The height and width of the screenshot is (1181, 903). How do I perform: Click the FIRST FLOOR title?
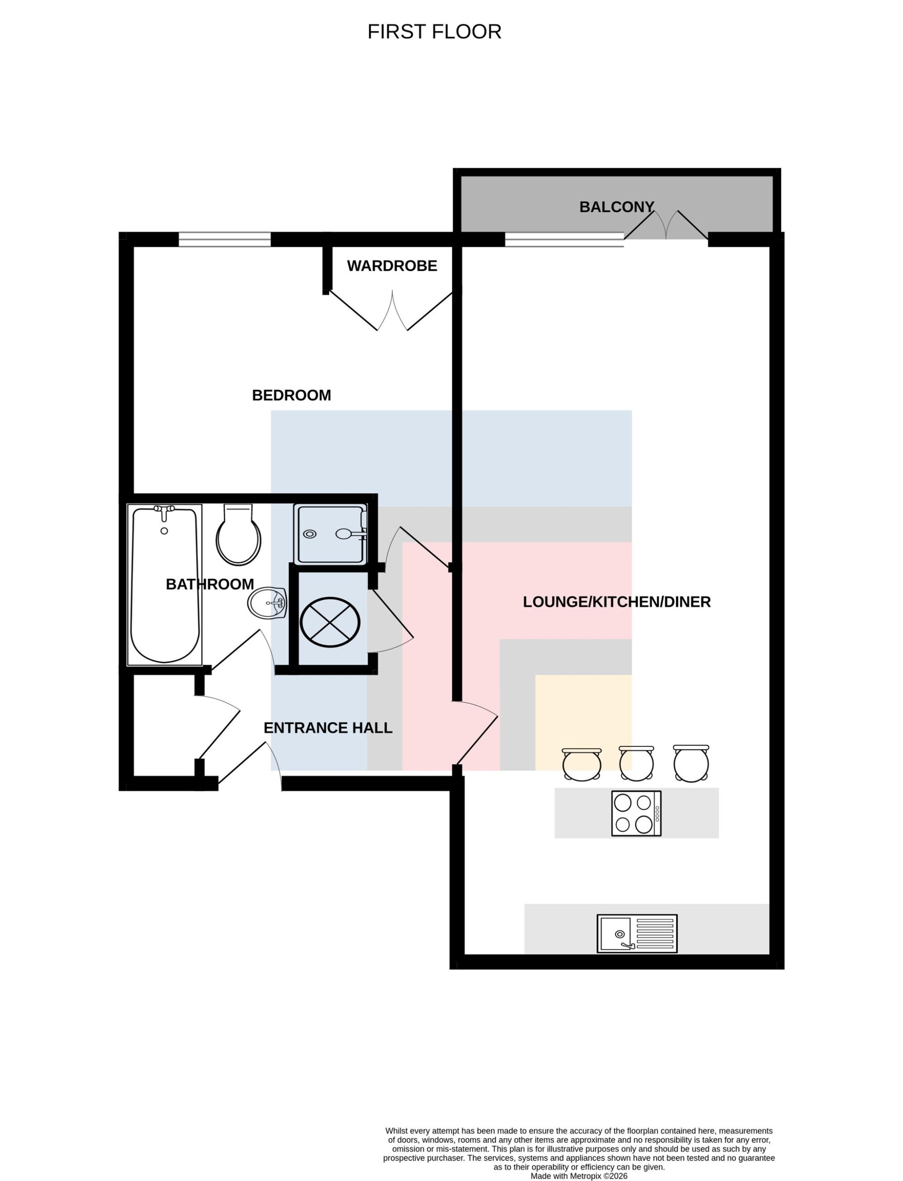tap(434, 32)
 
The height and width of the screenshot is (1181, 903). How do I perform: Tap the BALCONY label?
tap(616, 207)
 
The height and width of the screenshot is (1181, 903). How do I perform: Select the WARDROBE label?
tap(392, 266)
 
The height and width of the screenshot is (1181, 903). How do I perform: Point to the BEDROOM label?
tap(291, 395)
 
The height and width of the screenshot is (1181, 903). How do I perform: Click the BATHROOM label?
tap(210, 585)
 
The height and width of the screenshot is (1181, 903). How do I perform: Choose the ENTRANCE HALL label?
tap(328, 728)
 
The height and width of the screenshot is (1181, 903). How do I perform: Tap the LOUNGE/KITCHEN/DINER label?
tap(616, 602)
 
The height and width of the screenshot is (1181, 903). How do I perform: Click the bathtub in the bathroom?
tap(164, 585)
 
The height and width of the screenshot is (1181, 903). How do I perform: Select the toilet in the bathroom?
tap(238, 534)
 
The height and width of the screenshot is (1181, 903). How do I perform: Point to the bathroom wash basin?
tap(267, 603)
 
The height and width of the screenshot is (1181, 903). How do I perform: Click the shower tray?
tap(331, 534)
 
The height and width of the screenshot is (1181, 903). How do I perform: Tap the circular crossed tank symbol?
tap(330, 622)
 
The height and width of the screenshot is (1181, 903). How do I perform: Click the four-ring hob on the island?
tap(637, 813)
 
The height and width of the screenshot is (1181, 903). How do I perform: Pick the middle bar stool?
tap(637, 763)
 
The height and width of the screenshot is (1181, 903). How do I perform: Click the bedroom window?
tap(225, 239)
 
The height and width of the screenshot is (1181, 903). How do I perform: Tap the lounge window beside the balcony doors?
tap(564, 239)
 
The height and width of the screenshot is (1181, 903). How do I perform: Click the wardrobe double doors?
tap(392, 311)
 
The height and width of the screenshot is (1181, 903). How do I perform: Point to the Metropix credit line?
tap(579, 1175)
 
